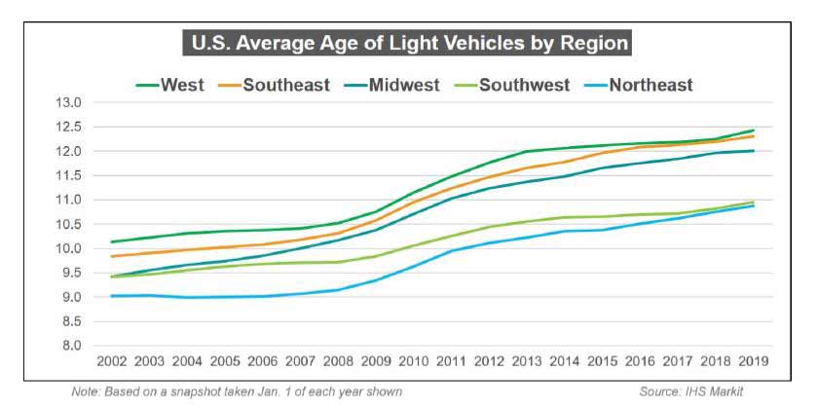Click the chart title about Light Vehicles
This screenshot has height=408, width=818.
[x=409, y=45]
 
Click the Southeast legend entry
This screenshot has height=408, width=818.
[x=283, y=85]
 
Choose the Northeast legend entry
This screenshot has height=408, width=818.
[x=651, y=85]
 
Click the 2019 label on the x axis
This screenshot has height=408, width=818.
[x=754, y=360]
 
